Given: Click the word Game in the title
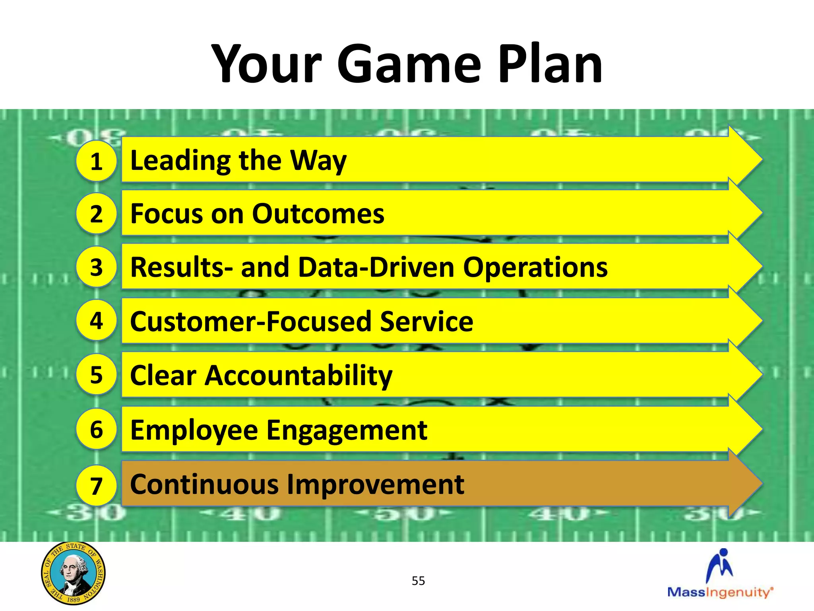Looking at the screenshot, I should (409, 64).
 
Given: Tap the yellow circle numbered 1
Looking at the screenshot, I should (96, 161).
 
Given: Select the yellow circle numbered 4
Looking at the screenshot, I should (96, 320).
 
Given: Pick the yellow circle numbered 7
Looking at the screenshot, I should (96, 486).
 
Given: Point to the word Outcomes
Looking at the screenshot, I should (318, 214).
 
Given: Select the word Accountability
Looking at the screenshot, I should (298, 376).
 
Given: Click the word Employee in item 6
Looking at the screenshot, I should (194, 430).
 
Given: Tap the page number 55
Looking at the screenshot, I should (418, 581).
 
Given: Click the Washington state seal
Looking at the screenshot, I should (73, 573).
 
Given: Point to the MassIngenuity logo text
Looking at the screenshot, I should (720, 592).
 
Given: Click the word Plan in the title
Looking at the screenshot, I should (550, 64).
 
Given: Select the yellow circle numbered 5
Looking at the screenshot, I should (96, 374).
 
